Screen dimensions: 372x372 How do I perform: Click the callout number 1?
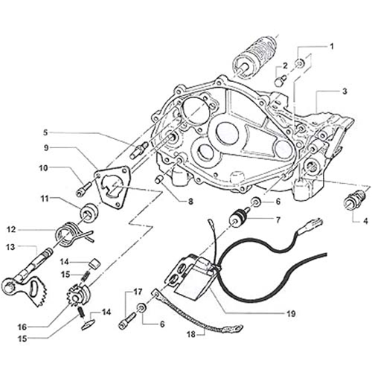tap(332, 46)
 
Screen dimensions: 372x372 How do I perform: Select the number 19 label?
tap(291, 314)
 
